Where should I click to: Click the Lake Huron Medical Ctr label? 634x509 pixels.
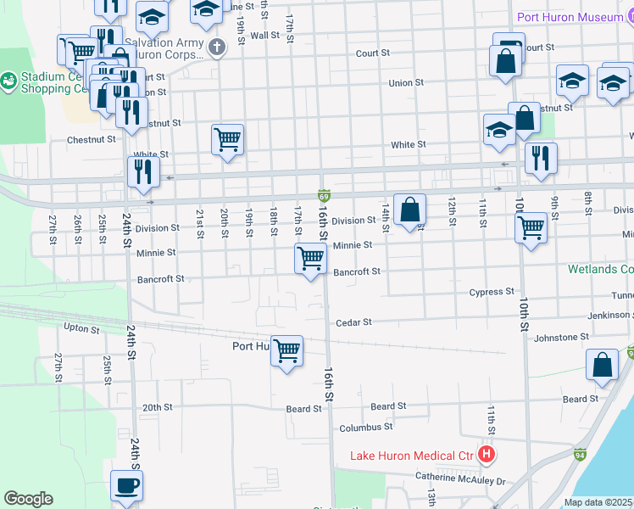[x=411, y=456]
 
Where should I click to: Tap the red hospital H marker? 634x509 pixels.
[x=487, y=455]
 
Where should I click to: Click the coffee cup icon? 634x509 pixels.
[x=126, y=486]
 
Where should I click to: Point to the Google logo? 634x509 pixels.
[x=28, y=498]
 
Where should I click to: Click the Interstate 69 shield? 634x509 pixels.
[x=324, y=195]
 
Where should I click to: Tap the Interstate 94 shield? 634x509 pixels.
[x=580, y=455]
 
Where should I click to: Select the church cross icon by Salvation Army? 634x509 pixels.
[x=217, y=47]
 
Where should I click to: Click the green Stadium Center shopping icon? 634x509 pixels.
[x=9, y=81]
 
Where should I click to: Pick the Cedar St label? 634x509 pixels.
[x=354, y=322]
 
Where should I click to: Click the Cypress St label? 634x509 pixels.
[x=492, y=292]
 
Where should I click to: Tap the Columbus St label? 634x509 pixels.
[x=365, y=428]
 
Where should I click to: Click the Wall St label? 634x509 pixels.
[x=264, y=36]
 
